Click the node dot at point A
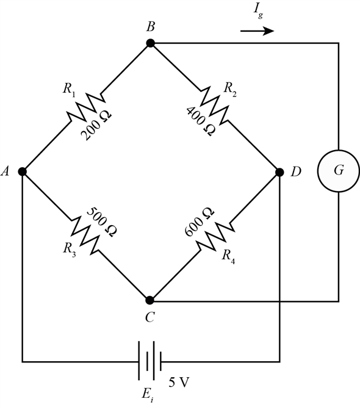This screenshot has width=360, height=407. pos(22,171)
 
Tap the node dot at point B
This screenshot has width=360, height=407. pos(150,43)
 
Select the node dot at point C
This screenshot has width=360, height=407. pos(150,300)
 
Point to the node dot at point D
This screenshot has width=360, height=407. pos(279,172)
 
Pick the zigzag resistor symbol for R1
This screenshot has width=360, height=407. pos(86,107)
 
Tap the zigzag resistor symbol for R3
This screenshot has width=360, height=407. pos(86,236)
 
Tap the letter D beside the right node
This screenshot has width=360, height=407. pos(296,172)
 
